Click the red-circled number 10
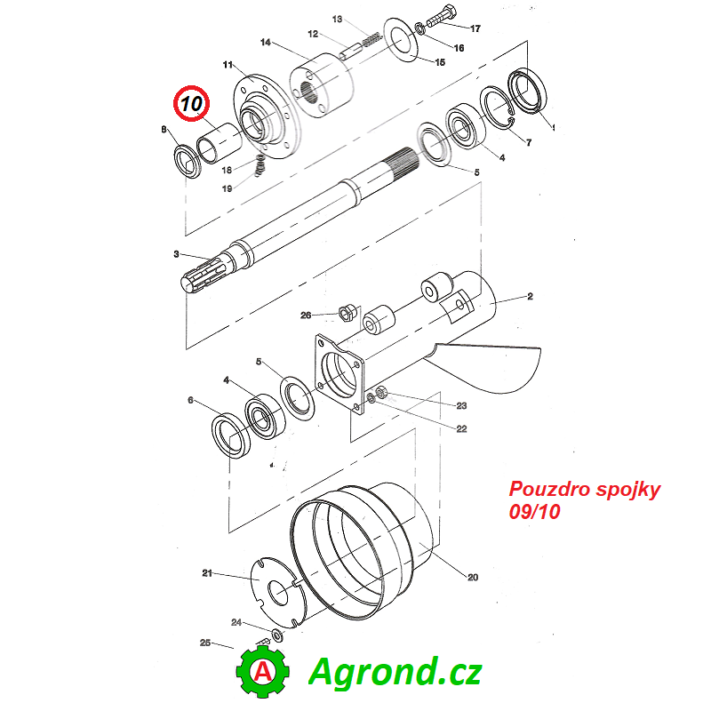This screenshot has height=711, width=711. click(191, 103)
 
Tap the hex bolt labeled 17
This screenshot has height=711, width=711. click(441, 16)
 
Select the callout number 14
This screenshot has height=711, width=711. click(265, 42)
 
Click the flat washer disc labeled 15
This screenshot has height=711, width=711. click(402, 40)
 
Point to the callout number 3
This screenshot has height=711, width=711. click(176, 254)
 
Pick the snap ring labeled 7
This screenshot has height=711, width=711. click(497, 108)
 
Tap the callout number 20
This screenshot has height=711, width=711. click(473, 577)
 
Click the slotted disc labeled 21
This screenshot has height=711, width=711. click(278, 592)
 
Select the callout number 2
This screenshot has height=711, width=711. click(530, 296)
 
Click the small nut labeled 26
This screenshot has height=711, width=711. click(347, 313)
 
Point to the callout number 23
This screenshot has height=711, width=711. click(461, 405)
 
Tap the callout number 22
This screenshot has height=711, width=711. click(461, 428)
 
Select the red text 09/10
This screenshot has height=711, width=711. click(535, 512)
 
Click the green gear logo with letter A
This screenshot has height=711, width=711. click(262, 671)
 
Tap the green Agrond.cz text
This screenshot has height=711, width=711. click(395, 672)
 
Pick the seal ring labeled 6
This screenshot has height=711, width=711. click(231, 435)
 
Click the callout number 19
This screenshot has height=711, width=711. click(227, 188)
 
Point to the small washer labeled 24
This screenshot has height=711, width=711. click(277, 635)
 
